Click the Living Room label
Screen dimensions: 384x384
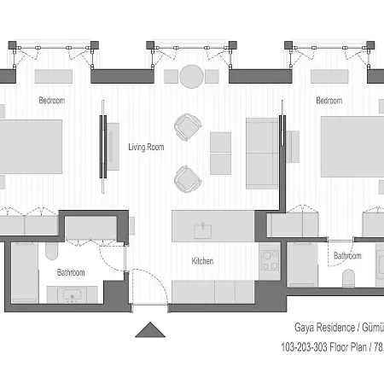tap(146, 148)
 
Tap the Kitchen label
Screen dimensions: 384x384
tap(202, 261)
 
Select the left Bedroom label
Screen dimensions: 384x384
tap(52, 100)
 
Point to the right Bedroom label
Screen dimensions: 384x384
tap(329, 101)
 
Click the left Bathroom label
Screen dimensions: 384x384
tap(71, 272)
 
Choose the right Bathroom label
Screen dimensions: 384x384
tap(347, 256)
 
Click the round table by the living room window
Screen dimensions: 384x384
tap(192, 77)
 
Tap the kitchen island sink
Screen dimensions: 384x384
tap(203, 231)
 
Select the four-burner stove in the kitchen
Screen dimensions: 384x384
tap(270, 260)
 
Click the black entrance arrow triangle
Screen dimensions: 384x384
tap(150, 330)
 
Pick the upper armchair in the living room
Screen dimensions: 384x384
tap(188, 127)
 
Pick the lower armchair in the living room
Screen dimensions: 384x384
tap(188, 179)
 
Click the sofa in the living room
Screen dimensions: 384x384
tap(262, 154)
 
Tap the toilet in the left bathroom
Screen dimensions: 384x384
tap(51, 251)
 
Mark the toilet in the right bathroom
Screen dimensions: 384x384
tap(348, 278)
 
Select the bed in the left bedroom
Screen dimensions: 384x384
tap(31, 147)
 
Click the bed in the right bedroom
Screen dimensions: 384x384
tap(352, 147)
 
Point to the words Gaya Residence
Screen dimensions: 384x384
tap(324, 328)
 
